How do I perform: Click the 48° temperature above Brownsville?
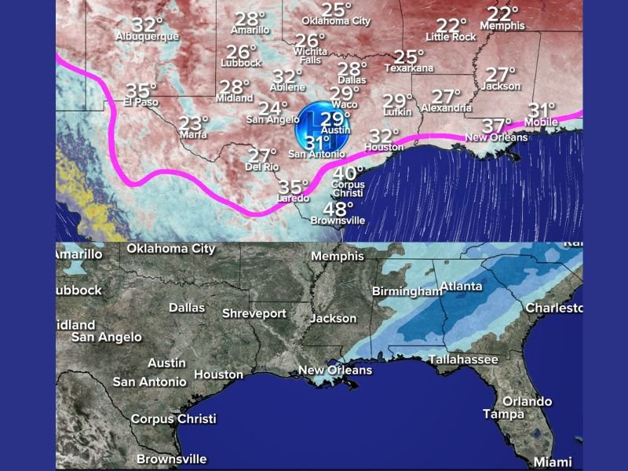[338, 209]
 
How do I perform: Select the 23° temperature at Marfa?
[193, 122]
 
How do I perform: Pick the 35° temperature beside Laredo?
[294, 187]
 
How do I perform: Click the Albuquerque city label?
[147, 36]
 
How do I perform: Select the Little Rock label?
[451, 37]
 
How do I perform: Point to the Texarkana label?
[407, 68]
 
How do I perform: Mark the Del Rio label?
[262, 166]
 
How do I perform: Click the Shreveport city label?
[254, 313]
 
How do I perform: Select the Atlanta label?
[461, 286]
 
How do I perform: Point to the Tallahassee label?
[463, 360]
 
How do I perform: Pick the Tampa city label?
[503, 414]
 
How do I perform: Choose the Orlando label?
[527, 401]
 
